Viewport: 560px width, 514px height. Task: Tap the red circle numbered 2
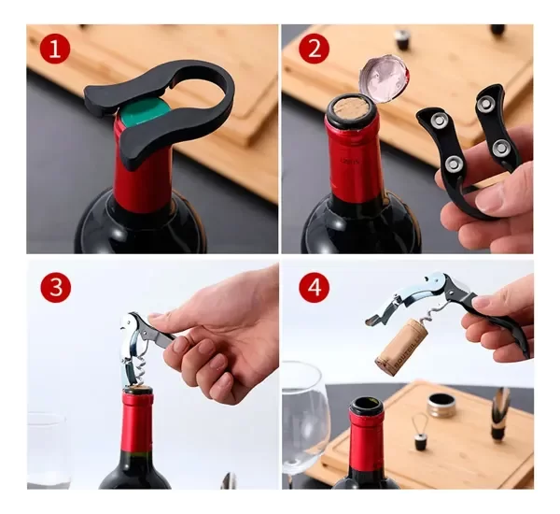313,49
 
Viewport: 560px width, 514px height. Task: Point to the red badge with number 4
314,287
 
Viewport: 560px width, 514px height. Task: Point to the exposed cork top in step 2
351,107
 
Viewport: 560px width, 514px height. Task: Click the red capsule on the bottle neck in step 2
353,164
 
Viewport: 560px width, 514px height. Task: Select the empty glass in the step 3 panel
47,449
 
